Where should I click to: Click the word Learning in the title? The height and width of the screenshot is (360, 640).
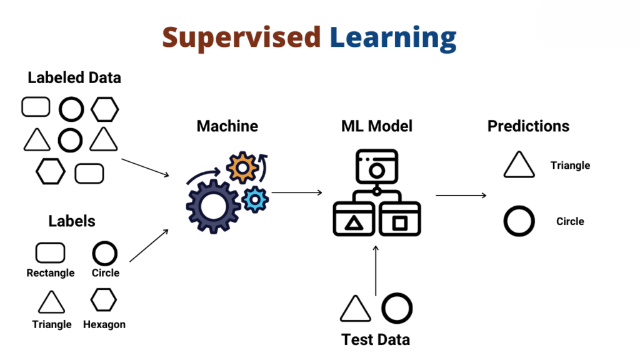393,39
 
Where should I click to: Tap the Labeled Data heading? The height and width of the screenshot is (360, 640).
74,78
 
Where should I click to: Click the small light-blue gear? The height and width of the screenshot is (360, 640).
255,199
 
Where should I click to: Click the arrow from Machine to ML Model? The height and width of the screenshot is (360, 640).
297,192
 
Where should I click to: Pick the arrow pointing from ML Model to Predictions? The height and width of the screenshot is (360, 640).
461,196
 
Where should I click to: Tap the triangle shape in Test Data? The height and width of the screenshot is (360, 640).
356,309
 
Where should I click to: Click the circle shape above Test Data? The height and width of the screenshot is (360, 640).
397,309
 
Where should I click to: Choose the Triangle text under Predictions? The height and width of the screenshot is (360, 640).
570,166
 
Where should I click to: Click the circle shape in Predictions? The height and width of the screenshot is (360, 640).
519,221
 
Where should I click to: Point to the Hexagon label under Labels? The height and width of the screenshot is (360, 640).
104,324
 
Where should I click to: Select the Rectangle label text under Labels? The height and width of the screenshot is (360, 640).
51,273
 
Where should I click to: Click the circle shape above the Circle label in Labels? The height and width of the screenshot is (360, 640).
105,254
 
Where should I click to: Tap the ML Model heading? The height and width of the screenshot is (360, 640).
377,126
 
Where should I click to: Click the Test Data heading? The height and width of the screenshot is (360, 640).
376,340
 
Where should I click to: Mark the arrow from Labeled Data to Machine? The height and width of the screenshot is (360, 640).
145,167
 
